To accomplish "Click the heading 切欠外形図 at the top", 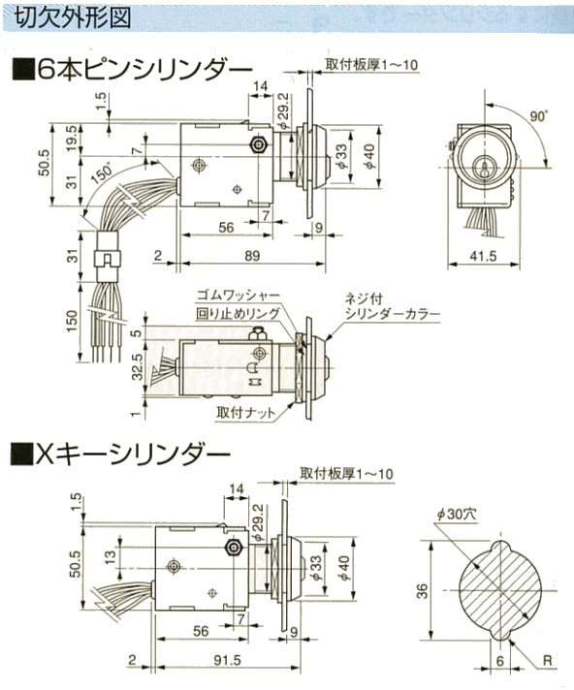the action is click(73, 17).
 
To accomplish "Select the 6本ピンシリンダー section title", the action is click(132, 70).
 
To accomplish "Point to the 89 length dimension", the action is click(252, 256).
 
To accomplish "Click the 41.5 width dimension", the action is click(483, 256).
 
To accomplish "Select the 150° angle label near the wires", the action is click(103, 175).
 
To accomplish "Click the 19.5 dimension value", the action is click(72, 139).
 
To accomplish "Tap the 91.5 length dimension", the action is click(227, 660).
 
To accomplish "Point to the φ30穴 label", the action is click(456, 514).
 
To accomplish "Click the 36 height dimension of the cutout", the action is click(421, 590).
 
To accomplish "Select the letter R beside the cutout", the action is click(547, 661).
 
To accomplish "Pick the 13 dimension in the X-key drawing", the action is click(111, 556).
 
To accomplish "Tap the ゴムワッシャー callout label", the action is click(238, 295).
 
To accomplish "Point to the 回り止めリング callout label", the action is click(238, 313).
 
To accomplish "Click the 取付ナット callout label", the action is click(245, 413).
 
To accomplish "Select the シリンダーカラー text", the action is click(393, 315).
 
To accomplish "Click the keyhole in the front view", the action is click(483, 168).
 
